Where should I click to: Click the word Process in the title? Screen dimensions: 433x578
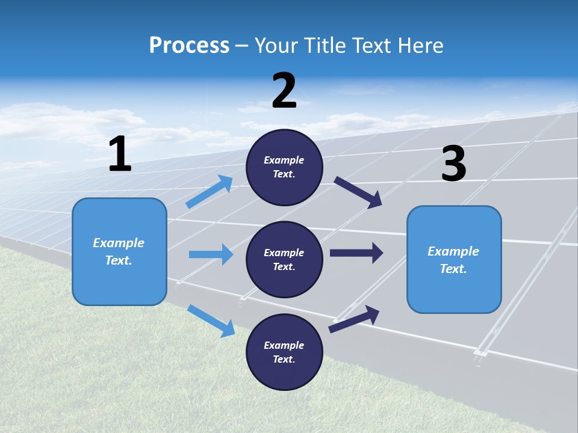pyautogui.click(x=189, y=45)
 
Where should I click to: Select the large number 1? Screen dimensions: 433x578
pyautogui.click(x=120, y=155)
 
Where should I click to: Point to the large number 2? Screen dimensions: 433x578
pyautogui.click(x=284, y=91)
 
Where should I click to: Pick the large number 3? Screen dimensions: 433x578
pyautogui.click(x=453, y=164)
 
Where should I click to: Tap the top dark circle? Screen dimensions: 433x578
pyautogui.click(x=284, y=167)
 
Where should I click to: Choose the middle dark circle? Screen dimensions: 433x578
pyautogui.click(x=284, y=259)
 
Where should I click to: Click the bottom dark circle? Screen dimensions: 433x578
pyautogui.click(x=284, y=352)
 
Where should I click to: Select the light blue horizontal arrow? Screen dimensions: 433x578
pyautogui.click(x=211, y=254)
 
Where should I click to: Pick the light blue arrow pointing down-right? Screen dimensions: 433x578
pyautogui.click(x=211, y=320)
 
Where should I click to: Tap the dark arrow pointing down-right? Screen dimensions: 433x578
pyautogui.click(x=358, y=192)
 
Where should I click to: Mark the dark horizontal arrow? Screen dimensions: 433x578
pyautogui.click(x=356, y=253)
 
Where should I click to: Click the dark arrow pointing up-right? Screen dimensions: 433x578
pyautogui.click(x=355, y=319)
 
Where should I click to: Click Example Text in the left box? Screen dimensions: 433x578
pyautogui.click(x=119, y=251)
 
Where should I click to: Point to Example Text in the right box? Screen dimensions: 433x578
pyautogui.click(x=453, y=260)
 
